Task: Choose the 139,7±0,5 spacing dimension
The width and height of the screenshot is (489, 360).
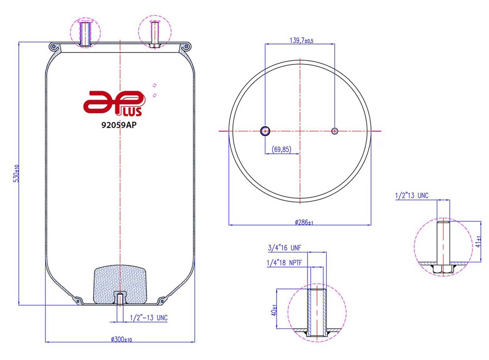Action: (x=299, y=41)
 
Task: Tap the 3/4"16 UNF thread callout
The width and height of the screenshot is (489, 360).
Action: (x=285, y=247)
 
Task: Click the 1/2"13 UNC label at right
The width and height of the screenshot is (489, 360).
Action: (x=412, y=195)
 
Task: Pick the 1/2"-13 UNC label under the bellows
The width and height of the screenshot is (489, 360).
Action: (x=149, y=318)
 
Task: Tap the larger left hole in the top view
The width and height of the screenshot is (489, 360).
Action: (x=265, y=131)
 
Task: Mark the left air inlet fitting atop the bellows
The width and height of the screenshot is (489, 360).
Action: (x=85, y=33)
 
